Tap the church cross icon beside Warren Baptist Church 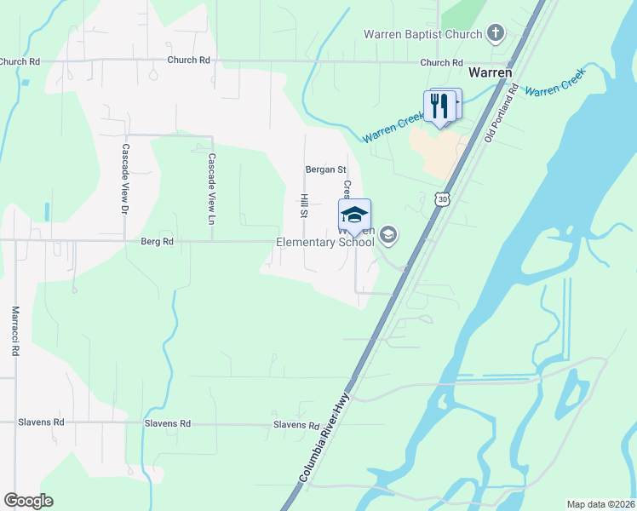(x=496, y=34)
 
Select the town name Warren (x=491, y=72)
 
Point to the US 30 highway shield (x=440, y=198)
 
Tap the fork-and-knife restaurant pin (x=439, y=106)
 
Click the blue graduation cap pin (x=354, y=215)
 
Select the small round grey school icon (x=388, y=233)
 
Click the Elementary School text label (x=325, y=242)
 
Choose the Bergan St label (x=325, y=170)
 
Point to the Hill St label (x=303, y=204)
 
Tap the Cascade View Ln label (x=212, y=182)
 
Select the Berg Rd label (x=157, y=242)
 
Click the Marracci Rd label (x=14, y=331)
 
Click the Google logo (x=28, y=501)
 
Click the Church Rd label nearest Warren (x=441, y=63)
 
